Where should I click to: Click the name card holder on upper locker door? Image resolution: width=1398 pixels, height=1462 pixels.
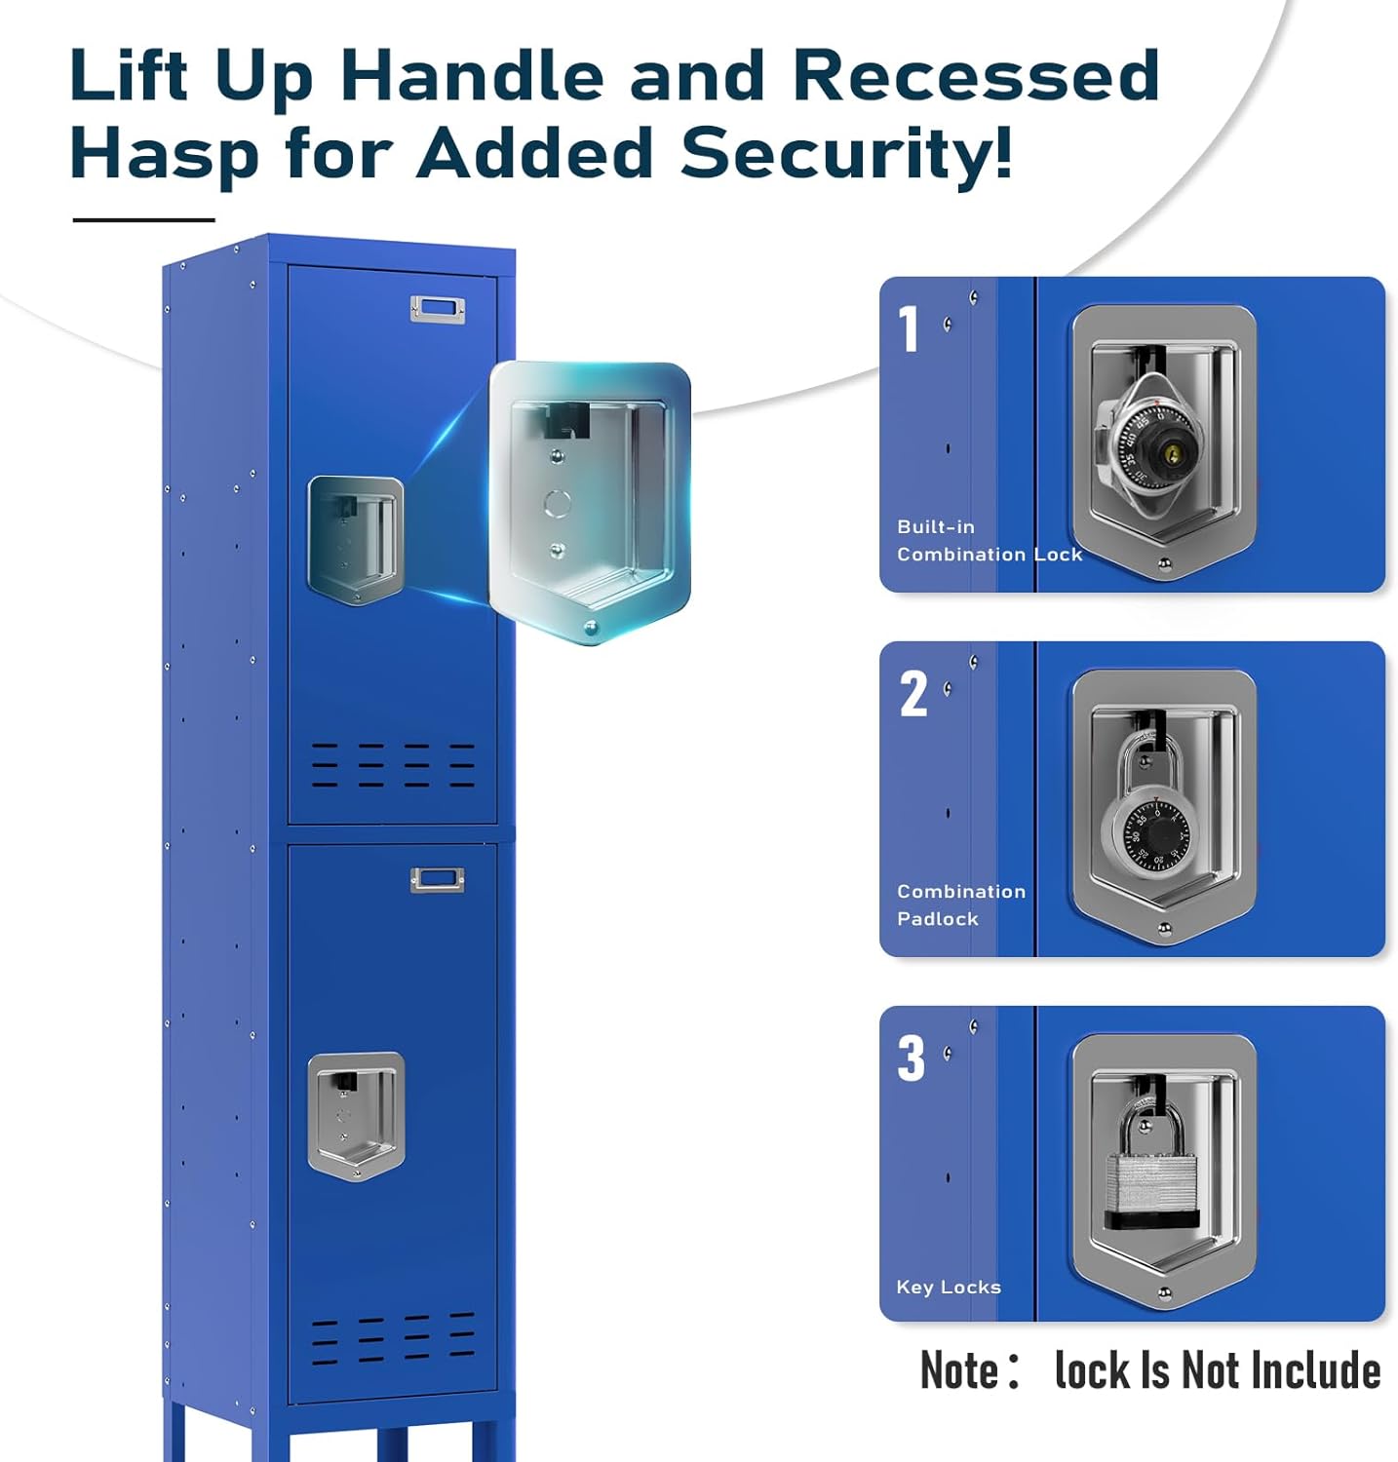(x=437, y=309)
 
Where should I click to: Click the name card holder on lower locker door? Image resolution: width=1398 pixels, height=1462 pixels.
(x=437, y=880)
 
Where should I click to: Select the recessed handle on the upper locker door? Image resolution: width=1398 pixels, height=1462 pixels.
(x=356, y=539)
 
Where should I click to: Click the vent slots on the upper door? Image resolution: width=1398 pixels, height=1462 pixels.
(x=393, y=764)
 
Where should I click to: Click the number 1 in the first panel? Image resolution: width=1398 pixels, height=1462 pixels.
(x=909, y=328)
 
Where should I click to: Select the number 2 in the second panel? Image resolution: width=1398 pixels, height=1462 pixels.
(x=913, y=694)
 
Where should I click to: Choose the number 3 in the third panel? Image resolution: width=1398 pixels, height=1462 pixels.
(x=911, y=1058)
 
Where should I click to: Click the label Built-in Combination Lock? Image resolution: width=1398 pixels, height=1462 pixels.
(x=989, y=540)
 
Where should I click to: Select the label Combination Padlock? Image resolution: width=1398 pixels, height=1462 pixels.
(x=960, y=904)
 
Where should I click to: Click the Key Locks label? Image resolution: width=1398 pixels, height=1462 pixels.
(x=948, y=1287)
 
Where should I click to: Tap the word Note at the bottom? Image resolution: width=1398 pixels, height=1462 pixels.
(x=958, y=1370)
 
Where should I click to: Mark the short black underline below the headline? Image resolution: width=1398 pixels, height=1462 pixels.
(x=143, y=220)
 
